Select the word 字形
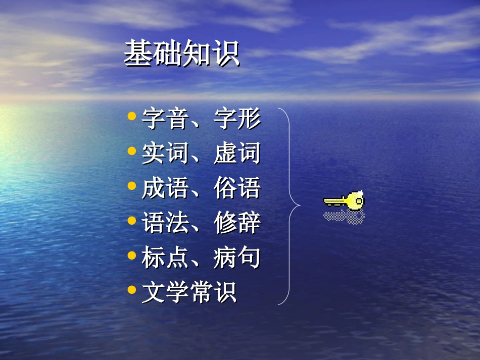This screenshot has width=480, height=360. [237, 119]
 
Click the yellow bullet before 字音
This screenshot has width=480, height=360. [132, 117]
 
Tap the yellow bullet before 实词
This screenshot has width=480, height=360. [132, 151]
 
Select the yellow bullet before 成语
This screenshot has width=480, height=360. [132, 186]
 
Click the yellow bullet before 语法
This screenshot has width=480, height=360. [132, 221]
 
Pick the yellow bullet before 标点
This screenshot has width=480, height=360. [132, 255]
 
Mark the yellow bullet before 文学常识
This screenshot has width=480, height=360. [132, 290]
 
